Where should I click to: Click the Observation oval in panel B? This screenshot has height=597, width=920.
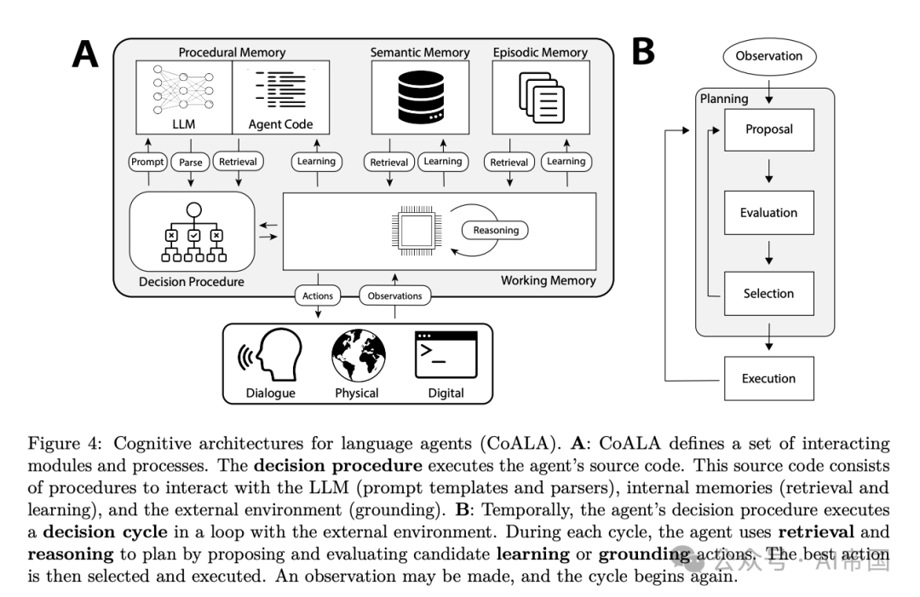(768, 56)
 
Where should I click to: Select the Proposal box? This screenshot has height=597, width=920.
(768, 129)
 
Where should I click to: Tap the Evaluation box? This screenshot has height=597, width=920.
(768, 213)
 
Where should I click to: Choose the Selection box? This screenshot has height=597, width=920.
(768, 294)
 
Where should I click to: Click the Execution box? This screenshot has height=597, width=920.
(768, 378)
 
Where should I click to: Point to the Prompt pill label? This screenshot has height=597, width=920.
(148, 162)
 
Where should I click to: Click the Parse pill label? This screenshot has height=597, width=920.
(190, 162)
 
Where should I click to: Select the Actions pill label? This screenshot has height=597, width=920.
(318, 296)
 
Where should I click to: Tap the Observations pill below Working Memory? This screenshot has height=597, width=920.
(394, 296)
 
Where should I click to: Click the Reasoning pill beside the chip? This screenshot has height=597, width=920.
(496, 230)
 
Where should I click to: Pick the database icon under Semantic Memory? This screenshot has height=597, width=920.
(421, 97)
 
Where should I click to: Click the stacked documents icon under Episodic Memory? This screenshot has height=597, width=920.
(542, 97)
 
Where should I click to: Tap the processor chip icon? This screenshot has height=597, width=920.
(415, 230)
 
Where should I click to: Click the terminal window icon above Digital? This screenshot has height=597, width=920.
(446, 355)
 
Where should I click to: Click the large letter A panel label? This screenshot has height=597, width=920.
(85, 55)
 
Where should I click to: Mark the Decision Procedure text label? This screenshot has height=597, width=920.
(191, 282)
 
